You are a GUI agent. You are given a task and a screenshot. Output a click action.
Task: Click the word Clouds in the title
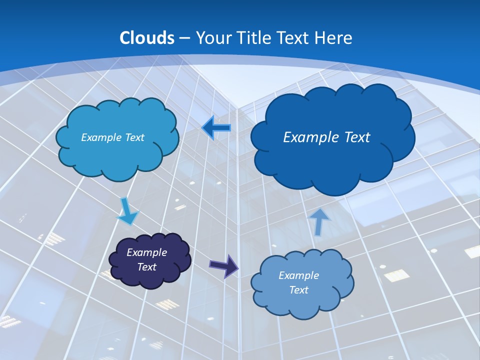147,38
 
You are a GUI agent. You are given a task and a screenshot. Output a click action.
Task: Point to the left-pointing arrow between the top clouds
216,128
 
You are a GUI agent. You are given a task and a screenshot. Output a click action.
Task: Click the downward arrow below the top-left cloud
127,211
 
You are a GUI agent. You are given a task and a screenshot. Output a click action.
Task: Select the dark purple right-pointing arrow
224,265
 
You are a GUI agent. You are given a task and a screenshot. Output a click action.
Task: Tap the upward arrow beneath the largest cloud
320,221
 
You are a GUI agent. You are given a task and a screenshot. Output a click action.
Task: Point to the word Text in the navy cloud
147,267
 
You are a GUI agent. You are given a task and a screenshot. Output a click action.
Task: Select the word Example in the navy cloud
147,252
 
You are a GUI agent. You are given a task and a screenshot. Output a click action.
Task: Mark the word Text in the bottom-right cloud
299,290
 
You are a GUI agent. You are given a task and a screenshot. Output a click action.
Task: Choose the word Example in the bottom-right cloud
299,275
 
